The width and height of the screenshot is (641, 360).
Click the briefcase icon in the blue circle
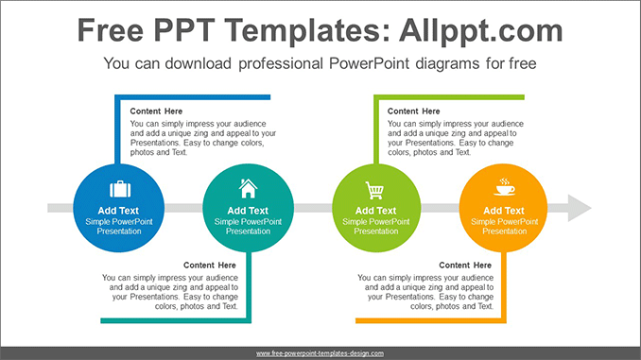tap(118, 188)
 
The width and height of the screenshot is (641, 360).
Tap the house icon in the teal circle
tap(248, 187)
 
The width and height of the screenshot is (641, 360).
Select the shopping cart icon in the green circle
tap(376, 188)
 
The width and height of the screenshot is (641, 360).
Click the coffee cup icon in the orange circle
tap(503, 186)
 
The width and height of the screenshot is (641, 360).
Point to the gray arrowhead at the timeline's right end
tap(578, 207)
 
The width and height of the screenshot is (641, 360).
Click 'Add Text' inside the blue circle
tap(118, 211)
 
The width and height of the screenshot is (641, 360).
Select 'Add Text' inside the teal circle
tap(248, 211)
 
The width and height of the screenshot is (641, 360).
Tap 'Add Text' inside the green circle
tap(376, 211)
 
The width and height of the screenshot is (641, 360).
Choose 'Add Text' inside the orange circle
tap(503, 211)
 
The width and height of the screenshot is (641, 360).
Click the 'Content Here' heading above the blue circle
tap(157, 111)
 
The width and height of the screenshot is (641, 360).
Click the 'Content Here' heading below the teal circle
tap(210, 266)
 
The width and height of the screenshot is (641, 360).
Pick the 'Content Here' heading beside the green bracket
tap(414, 111)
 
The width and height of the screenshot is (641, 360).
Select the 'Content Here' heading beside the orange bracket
tap(465, 266)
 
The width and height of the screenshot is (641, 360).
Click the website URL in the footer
tap(320, 352)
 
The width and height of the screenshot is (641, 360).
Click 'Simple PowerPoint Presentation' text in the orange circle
tap(503, 226)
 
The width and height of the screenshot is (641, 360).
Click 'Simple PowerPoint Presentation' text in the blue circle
tap(118, 226)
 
